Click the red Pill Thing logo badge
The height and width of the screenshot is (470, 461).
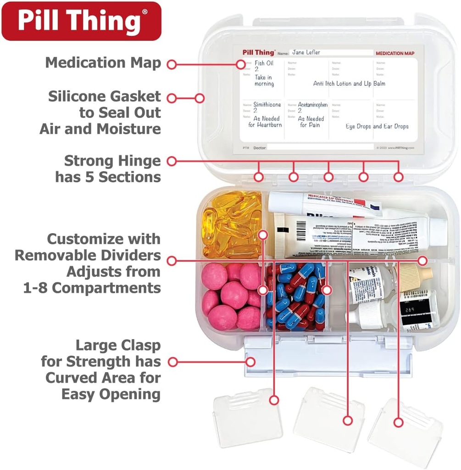[x=81, y=21]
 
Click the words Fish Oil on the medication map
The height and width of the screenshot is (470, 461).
[x=264, y=63]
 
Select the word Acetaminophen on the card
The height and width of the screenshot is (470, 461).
[x=312, y=105]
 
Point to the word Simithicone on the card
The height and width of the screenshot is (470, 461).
[x=267, y=105]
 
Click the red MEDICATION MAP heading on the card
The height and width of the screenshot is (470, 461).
[x=394, y=53]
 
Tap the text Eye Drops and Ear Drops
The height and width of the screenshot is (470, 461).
[x=377, y=126]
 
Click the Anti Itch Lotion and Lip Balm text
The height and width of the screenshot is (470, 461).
[x=349, y=84]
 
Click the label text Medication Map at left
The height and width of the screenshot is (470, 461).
[x=103, y=63]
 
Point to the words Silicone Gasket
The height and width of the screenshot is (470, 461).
[x=105, y=96]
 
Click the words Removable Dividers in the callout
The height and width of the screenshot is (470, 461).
[x=88, y=255]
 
